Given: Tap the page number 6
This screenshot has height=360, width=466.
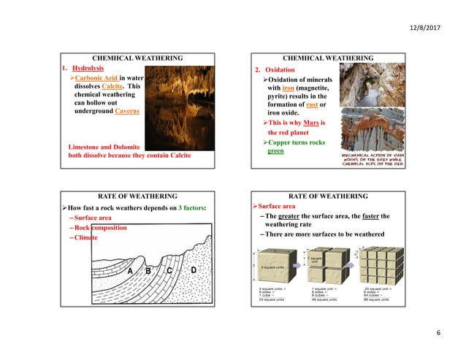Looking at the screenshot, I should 438,334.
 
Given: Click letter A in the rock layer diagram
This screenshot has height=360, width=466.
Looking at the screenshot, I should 130,270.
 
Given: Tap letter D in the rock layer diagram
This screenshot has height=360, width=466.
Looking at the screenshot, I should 194,270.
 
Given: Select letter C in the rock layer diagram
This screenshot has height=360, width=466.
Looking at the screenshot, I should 169,270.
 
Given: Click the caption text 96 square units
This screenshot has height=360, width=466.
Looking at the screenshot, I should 376,299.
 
